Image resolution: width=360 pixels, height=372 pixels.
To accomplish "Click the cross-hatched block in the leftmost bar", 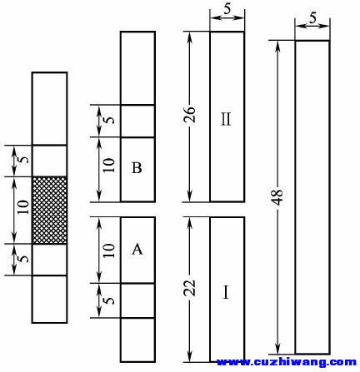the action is tap(50, 211).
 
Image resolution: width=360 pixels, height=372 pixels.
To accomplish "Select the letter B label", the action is tap(137, 167).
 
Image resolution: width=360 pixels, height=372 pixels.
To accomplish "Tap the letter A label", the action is tap(137, 249).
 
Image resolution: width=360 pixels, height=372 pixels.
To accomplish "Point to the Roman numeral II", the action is tap(226, 119).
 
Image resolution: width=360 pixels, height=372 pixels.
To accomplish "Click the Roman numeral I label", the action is tap(226, 292).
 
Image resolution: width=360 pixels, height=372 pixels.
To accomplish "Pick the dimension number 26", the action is tap(191, 114).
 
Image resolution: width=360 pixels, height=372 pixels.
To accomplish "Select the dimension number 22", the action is tap(191, 288).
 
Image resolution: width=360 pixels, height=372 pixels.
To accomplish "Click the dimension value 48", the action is tap(277, 197).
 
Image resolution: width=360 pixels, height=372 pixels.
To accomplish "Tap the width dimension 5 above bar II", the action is tap(227, 9).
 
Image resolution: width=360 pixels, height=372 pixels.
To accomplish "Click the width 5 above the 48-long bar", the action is tap(312, 18).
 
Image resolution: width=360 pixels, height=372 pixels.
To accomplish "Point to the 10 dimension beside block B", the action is tap(109, 165).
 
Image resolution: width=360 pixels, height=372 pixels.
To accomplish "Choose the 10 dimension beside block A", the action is tap(109, 250).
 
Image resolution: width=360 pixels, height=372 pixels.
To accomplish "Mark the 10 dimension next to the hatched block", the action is tap(23, 206).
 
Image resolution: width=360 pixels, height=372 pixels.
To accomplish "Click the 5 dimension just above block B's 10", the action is tap(110, 120).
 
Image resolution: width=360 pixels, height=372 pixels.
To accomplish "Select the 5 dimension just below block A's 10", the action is tap(110, 300).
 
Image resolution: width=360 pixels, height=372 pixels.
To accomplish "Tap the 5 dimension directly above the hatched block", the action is tap(24, 160).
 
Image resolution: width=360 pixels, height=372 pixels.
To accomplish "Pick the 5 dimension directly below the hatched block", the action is tap(24, 259).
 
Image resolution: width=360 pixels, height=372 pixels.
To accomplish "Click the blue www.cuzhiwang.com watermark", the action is tap(287, 362).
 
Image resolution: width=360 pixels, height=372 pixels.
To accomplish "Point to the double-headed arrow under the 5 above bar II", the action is tap(227, 17).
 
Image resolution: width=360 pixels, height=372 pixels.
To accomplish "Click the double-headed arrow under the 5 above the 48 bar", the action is tap(312, 27).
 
